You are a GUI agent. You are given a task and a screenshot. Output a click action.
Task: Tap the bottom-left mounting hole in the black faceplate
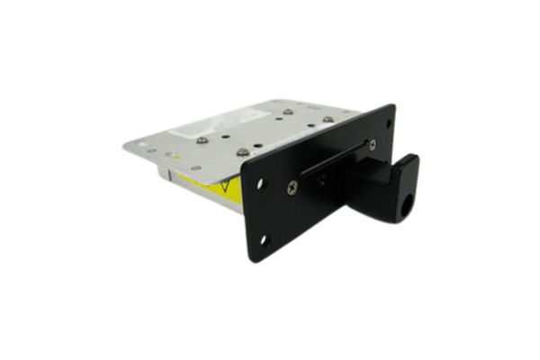(x=264, y=239)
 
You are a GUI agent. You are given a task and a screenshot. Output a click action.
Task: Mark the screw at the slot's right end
(x=366, y=140)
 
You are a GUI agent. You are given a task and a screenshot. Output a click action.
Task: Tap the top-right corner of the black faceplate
(x=393, y=104)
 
